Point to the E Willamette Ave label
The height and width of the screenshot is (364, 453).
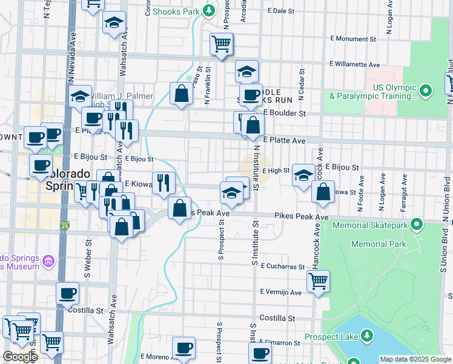click(x=354, y=64)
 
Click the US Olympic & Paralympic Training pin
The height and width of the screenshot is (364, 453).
click(x=426, y=91)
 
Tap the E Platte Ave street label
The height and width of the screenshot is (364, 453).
click(x=285, y=140)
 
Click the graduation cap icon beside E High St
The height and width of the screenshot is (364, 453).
click(x=303, y=175)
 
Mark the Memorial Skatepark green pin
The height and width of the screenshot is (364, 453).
click(x=416, y=225)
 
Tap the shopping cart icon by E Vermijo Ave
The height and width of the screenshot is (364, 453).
click(x=318, y=281)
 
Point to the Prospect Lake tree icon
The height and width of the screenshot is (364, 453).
click(x=366, y=335)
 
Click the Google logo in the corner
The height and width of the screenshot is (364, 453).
click(x=19, y=357)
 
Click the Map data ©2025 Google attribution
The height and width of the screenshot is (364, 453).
click(x=415, y=359)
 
